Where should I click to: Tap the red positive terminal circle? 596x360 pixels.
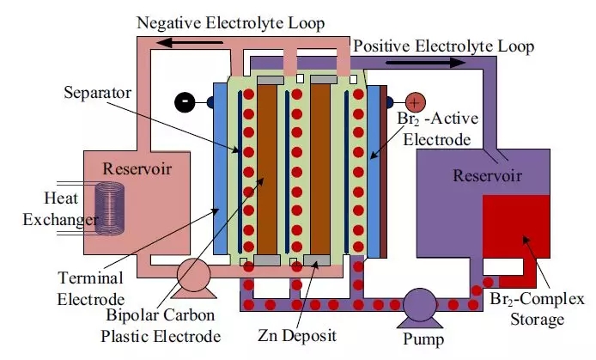click(415, 101)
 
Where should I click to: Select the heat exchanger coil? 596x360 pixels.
click(108, 211)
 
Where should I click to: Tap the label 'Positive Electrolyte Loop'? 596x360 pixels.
click(444, 45)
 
